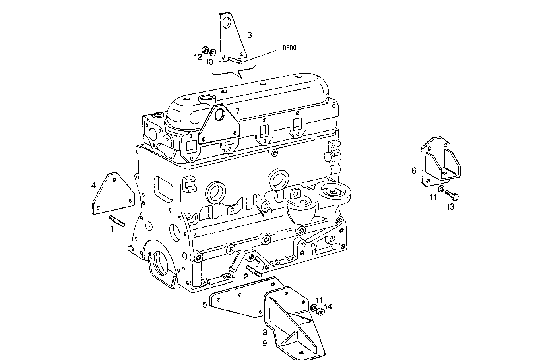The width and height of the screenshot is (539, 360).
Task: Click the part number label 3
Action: point(249,35)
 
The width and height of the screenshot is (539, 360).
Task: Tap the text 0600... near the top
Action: point(292,48)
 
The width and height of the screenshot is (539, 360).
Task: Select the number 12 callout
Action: point(198,57)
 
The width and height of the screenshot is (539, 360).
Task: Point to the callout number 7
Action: point(237,111)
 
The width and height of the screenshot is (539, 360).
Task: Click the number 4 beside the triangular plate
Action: point(93,185)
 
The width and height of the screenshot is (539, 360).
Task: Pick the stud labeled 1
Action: point(117,221)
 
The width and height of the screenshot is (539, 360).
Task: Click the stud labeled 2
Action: point(254,270)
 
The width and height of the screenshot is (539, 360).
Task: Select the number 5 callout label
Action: point(204,304)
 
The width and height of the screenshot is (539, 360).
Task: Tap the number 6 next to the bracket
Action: point(414,170)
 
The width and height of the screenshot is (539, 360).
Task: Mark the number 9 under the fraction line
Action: point(264,343)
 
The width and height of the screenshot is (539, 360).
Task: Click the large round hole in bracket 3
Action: point(227,22)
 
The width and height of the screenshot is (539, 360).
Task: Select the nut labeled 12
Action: point(206,50)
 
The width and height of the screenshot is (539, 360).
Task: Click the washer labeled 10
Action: point(213,52)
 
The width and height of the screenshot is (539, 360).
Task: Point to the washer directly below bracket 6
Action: point(442,188)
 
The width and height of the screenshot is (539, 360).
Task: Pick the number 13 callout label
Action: point(450,207)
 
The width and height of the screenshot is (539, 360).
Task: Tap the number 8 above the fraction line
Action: point(264,332)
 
